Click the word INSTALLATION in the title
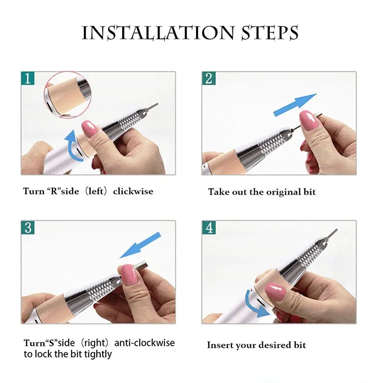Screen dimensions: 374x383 [x=158, y=33]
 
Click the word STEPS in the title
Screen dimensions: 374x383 [x=270, y=32]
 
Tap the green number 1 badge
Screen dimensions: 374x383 [x=27, y=78]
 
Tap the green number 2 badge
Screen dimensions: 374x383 [x=208, y=78]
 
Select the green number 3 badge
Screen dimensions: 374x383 [x=27, y=228]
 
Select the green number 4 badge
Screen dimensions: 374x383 [x=208, y=228]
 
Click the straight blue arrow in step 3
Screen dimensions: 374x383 [x=140, y=245]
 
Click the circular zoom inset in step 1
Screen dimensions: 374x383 [x=67, y=95]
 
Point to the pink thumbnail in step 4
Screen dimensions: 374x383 [x=276, y=292]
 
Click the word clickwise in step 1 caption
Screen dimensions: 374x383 [x=133, y=191]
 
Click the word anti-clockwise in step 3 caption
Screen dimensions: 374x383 [x=145, y=343]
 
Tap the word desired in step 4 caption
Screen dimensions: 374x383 [x=271, y=345]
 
